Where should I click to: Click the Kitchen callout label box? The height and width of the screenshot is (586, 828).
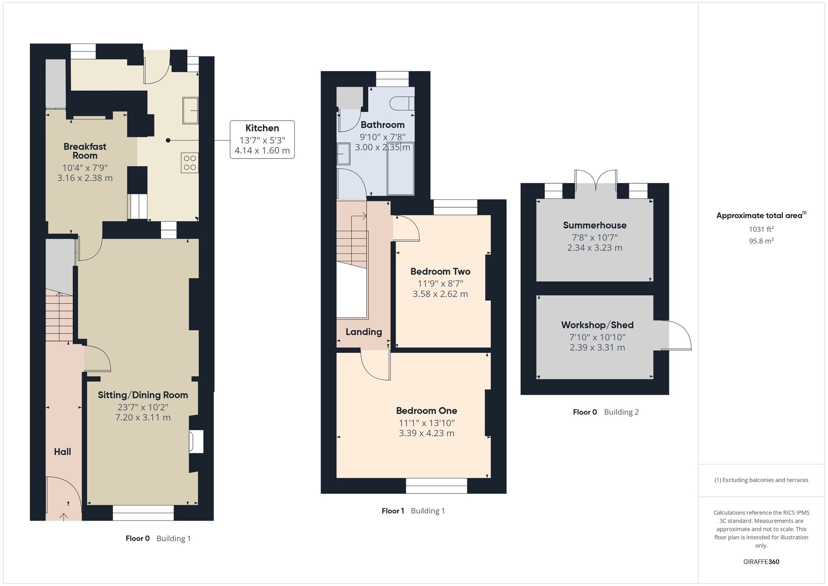coord(262,139)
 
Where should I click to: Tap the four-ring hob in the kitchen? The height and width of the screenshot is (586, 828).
coord(190,163)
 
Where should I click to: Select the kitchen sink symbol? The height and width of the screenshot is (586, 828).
coord(190,110)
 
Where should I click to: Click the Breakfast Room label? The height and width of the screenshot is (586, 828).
coord(85,151)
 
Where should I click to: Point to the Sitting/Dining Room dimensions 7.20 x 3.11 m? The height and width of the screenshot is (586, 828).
coord(143,417)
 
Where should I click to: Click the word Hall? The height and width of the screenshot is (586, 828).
coord(63,452)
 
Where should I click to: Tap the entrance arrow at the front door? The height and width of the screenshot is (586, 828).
coord(64,516)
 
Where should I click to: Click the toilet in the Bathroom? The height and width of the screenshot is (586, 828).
coord(402,103)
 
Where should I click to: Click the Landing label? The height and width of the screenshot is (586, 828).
coord(363,332)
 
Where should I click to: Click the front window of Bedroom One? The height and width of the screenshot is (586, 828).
coord(436,486)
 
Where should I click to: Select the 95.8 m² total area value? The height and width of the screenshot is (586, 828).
coord(761,241)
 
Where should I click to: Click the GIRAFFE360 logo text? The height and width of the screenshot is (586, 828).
coord(761,562)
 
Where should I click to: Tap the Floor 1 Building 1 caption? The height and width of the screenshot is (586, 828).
coord(413,511)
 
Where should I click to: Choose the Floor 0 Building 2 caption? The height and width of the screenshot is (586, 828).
coord(606,412)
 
